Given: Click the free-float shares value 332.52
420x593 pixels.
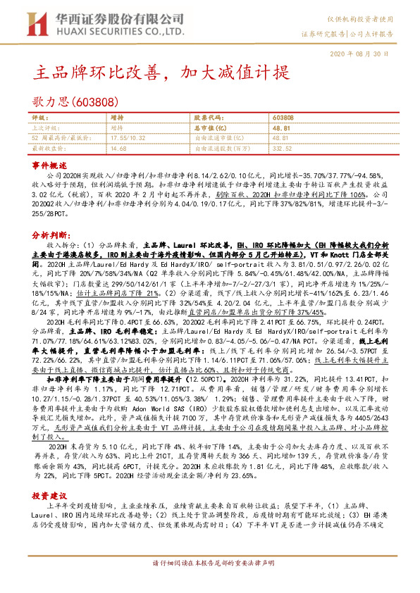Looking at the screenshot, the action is tap(282, 149).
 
